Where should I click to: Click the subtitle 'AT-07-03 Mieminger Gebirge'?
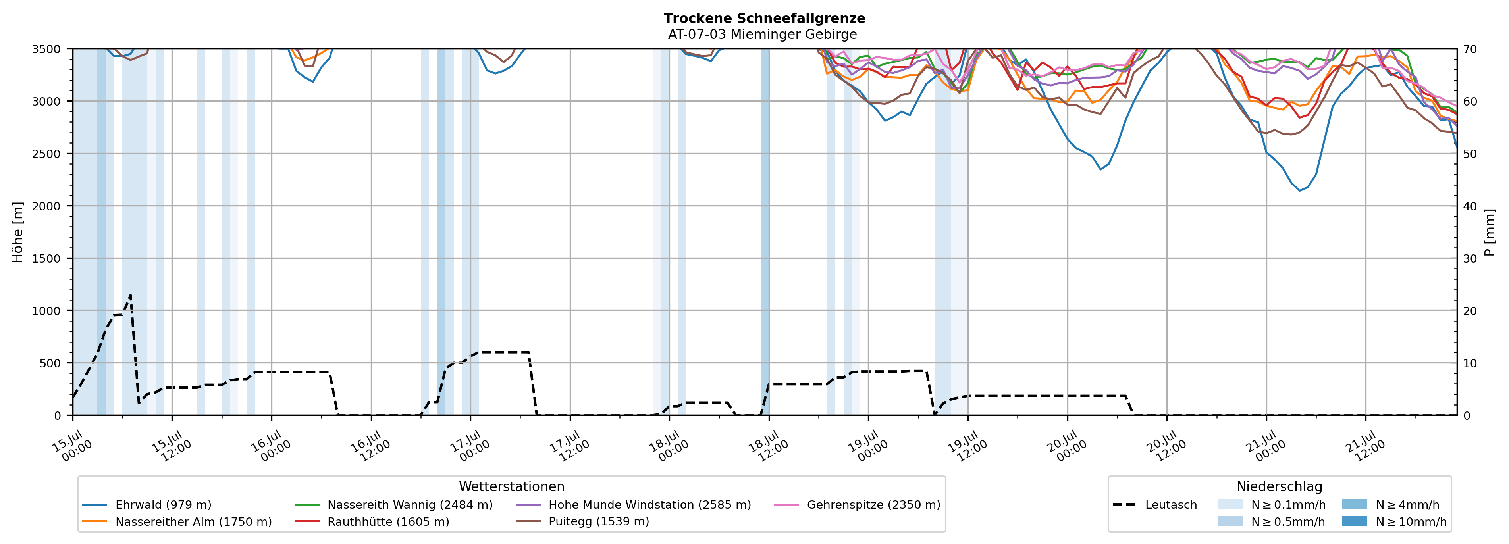[762, 35]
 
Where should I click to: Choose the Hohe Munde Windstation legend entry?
[633, 505]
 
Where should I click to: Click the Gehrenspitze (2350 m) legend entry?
[857, 505]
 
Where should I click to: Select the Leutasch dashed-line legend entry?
[1154, 505]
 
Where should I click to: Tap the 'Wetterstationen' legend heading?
[511, 486]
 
